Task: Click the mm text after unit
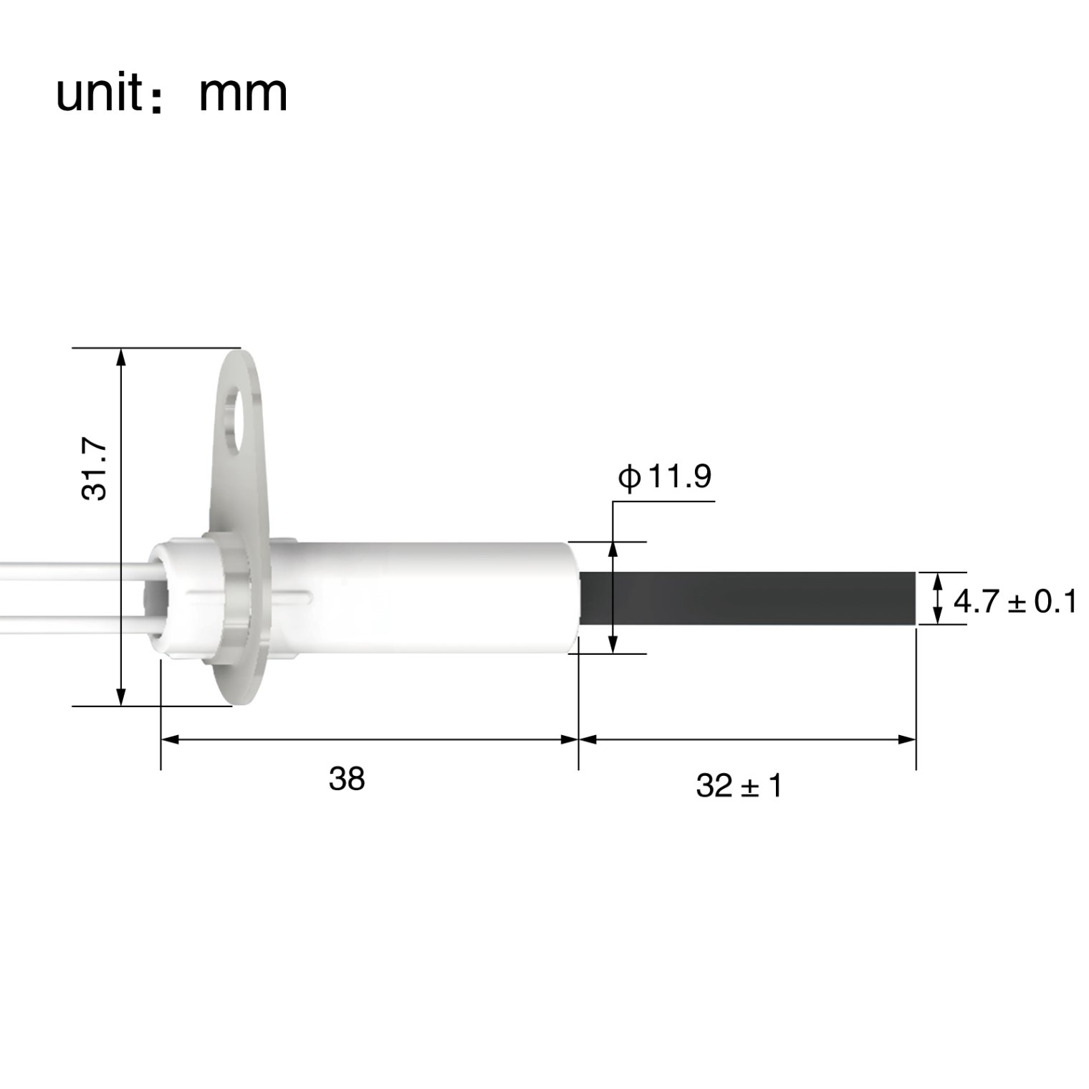click(x=242, y=94)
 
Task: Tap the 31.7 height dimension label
click(x=94, y=469)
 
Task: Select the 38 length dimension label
click(x=347, y=779)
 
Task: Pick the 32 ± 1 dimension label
click(x=739, y=787)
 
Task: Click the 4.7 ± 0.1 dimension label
click(x=1014, y=602)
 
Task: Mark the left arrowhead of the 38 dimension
click(x=169, y=739)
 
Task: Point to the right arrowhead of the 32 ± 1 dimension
click(x=908, y=739)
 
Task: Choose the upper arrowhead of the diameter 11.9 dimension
click(x=613, y=550)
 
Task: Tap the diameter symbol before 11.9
click(x=629, y=477)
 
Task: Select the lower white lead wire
click(x=72, y=618)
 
